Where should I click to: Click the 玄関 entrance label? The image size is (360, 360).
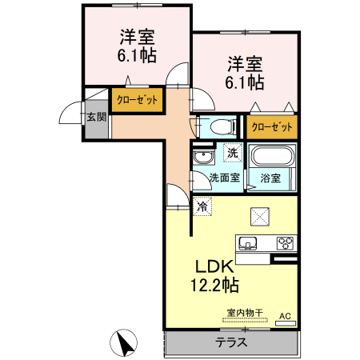(x=96, y=117)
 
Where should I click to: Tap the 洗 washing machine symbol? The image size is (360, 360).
(x=231, y=153)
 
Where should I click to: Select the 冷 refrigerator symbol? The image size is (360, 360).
(x=202, y=206)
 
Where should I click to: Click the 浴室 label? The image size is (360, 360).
(x=271, y=178)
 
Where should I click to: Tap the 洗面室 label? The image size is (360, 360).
(x=224, y=178)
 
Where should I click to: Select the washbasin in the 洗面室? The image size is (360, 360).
(x=203, y=156)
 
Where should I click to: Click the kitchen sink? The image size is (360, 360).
(x=247, y=243)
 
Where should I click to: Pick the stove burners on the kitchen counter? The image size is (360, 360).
(x=286, y=243)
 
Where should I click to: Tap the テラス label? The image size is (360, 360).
(x=230, y=342)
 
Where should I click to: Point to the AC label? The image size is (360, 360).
(x=284, y=317)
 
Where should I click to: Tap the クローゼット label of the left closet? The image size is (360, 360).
(x=137, y=98)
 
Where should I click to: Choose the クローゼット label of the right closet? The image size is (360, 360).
(x=271, y=126)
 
